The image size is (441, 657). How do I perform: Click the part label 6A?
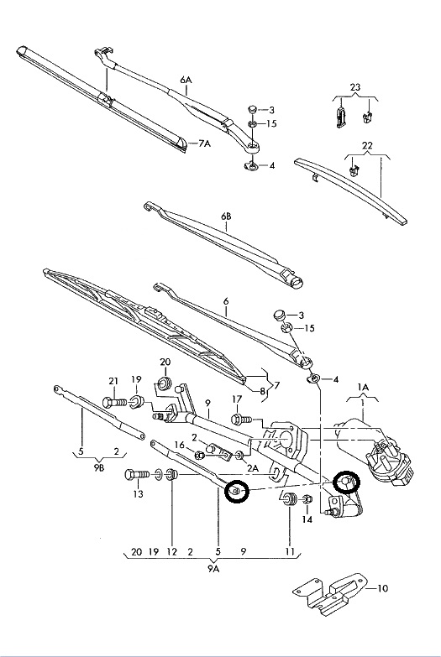click(186, 80)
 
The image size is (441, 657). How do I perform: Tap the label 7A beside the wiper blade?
click(204, 143)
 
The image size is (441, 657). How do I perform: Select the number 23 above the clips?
click(355, 87)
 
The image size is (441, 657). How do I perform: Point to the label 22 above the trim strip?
click(367, 146)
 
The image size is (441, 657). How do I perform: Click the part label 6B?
click(226, 216)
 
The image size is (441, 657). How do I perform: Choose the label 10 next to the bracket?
click(383, 588)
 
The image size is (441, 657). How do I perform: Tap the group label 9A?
click(213, 569)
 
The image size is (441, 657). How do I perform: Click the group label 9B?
click(98, 468)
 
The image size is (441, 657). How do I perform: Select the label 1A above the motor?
click(363, 388)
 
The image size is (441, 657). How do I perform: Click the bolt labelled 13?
click(137, 475)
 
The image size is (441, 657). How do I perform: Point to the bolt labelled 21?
click(114, 402)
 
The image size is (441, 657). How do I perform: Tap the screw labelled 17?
click(241, 419)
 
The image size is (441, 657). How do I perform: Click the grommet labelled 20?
click(165, 383)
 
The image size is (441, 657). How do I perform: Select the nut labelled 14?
click(307, 499)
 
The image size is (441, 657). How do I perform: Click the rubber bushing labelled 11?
click(289, 499)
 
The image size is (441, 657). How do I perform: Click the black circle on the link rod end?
click(237, 491)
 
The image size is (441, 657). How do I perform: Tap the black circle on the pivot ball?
click(346, 482)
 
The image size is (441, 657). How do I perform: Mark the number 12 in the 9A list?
click(172, 552)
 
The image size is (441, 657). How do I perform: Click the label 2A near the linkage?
click(252, 468)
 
